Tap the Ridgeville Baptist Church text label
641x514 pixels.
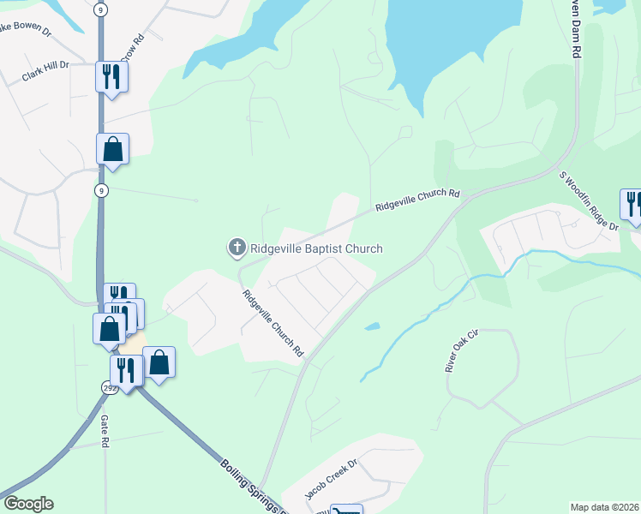coord(315,249)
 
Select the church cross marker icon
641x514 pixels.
coord(237,248)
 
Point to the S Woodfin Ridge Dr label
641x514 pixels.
coord(590,200)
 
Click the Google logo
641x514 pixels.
coord(28,504)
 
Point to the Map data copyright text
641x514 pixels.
coord(604,507)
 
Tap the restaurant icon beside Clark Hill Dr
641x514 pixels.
coord(111,77)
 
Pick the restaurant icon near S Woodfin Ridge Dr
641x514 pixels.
coord(632,204)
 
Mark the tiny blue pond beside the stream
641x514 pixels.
coord(372,326)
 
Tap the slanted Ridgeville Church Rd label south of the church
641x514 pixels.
coord(273,324)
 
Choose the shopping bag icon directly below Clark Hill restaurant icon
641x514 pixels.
coord(112,149)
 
